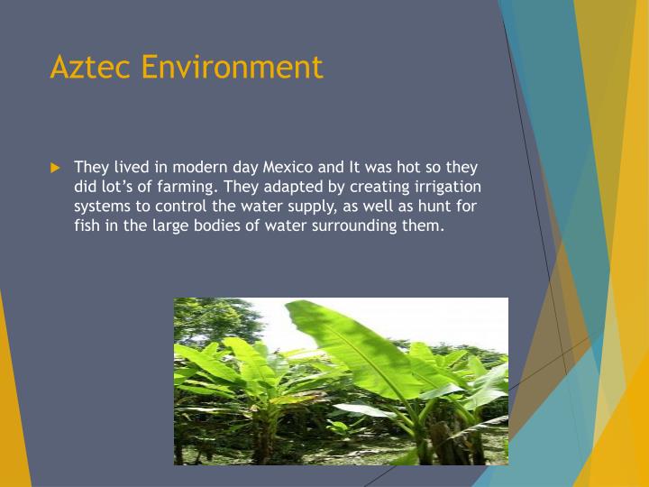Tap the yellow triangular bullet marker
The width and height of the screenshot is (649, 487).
point(55,168)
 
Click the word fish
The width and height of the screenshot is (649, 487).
point(87,225)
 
